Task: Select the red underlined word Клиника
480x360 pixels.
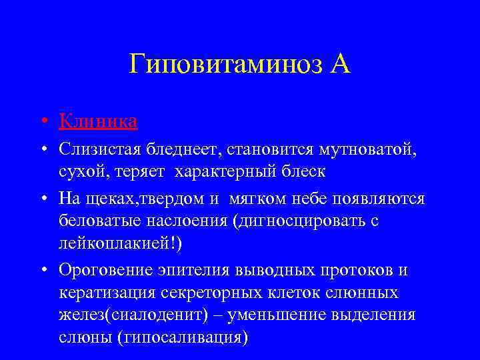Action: click(98, 122)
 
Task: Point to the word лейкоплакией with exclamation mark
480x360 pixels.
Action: click(119, 243)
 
